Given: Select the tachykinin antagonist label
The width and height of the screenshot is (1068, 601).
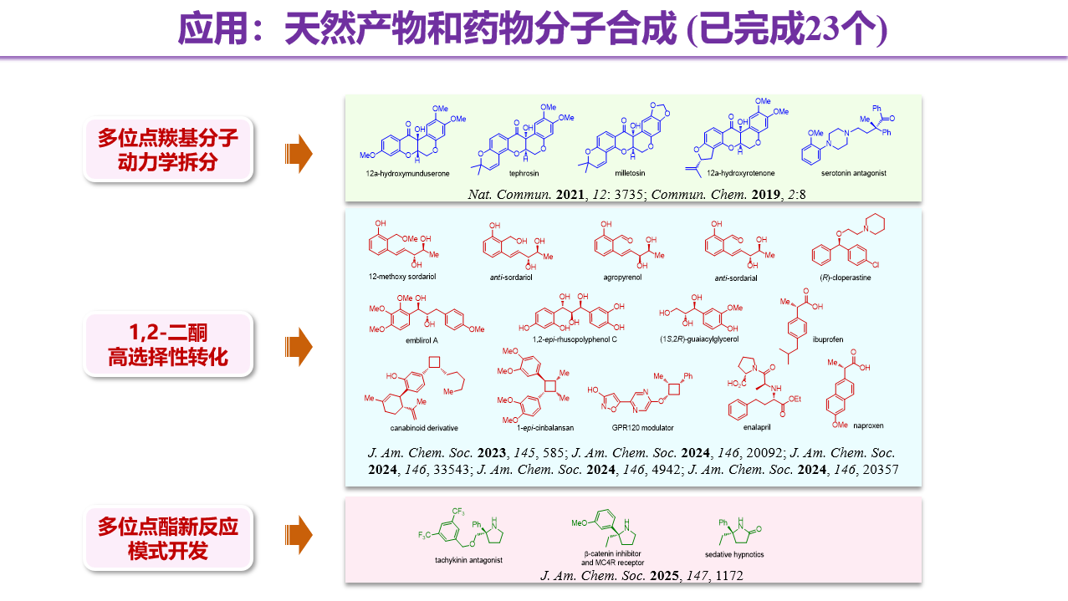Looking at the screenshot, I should pyautogui.click(x=468, y=560).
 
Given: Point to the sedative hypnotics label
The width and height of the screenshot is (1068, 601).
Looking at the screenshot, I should pyautogui.click(x=734, y=554).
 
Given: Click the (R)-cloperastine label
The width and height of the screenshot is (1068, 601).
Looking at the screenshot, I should pyautogui.click(x=842, y=278).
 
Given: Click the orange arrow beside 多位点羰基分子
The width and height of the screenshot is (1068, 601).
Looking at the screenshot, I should pyautogui.click(x=299, y=152).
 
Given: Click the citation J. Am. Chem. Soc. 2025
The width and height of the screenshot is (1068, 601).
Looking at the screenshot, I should pyautogui.click(x=641, y=575).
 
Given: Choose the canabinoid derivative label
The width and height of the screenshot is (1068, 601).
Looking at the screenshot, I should pyautogui.click(x=424, y=428).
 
